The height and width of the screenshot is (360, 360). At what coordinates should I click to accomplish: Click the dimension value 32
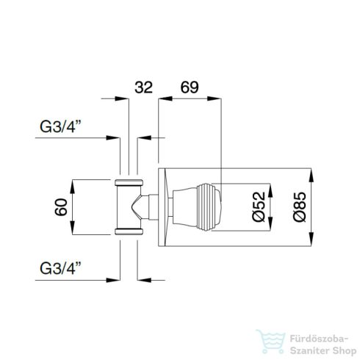click(x=143, y=87)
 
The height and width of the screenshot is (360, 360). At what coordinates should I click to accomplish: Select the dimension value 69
click(x=190, y=87)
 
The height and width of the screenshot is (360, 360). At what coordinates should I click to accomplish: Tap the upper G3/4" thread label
click(x=60, y=126)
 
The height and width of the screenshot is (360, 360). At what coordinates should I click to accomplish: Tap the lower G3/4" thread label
click(x=60, y=268)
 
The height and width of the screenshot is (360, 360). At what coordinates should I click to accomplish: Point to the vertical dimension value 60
click(x=61, y=207)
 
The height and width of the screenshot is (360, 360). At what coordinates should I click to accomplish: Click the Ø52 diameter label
click(x=259, y=207)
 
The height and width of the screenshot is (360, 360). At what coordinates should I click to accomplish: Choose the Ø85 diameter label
click(x=300, y=207)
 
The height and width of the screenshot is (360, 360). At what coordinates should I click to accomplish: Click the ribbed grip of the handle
click(x=206, y=207)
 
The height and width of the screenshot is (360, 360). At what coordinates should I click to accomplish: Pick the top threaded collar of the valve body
click(x=129, y=182)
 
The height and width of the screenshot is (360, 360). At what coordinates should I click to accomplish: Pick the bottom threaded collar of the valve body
click(x=129, y=231)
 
